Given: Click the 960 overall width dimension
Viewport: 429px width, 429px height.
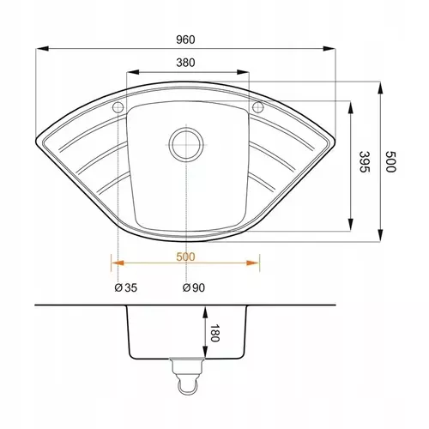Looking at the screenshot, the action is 185,39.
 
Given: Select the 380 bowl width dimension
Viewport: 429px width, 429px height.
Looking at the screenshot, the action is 185,63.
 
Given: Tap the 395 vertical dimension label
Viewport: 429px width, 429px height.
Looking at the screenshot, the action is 365,161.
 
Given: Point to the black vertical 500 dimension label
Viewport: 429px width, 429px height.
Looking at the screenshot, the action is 390,161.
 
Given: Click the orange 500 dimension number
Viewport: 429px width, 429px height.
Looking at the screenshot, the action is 185,257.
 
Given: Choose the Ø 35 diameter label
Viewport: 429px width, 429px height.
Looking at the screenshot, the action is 126,287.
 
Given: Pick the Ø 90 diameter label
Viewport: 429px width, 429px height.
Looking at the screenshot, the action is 194,287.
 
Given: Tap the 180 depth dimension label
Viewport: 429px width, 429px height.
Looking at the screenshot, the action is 214,333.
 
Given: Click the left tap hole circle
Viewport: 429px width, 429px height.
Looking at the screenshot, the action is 118,107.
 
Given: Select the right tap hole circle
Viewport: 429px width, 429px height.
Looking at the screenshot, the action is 257,107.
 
